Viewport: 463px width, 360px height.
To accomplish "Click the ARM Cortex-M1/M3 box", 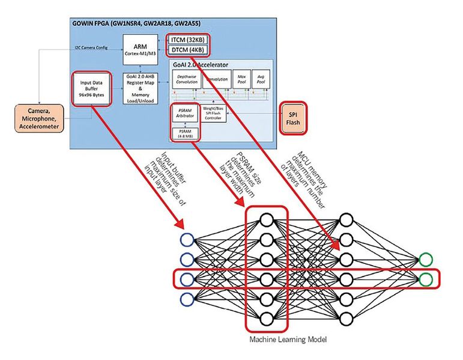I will click(143, 45).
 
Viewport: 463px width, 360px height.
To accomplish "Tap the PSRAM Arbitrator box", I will click(184, 113).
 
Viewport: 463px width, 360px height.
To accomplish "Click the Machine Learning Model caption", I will click(288, 340).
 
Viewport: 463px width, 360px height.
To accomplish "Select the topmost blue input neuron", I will click(187, 241).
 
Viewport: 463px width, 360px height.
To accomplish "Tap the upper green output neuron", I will click(425, 260).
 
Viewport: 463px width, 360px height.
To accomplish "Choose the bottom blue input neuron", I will click(187, 299).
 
